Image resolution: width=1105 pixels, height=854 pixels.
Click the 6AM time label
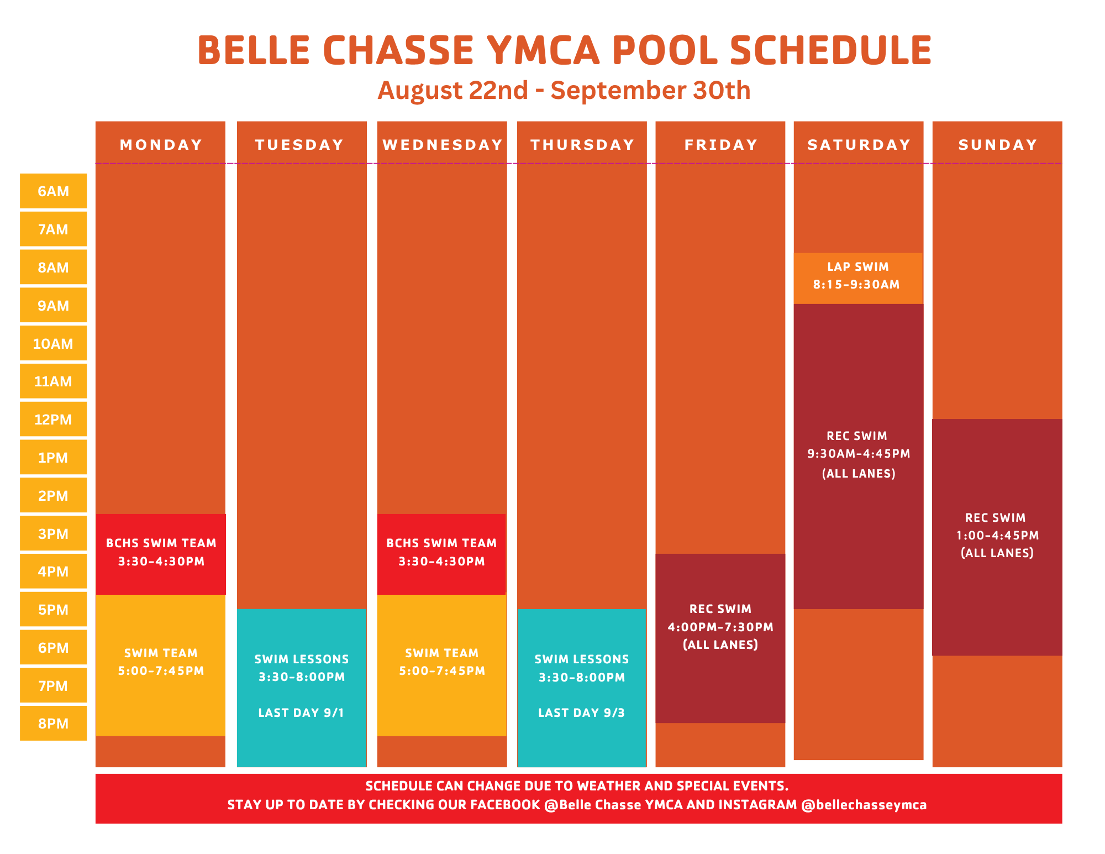[54, 191]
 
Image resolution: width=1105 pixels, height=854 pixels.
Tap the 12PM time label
[54, 420]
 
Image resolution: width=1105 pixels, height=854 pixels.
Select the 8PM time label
[54, 724]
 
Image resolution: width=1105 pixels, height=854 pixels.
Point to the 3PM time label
[54, 534]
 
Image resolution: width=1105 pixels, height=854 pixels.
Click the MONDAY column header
[161, 145]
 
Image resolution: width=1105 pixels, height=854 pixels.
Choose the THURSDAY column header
[582, 145]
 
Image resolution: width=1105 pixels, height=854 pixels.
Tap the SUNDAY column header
[998, 145]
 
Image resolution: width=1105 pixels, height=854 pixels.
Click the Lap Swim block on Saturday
[858, 278]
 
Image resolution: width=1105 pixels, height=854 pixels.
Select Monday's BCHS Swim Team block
[161, 554]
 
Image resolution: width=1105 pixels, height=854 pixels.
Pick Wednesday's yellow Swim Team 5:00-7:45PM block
[441, 666]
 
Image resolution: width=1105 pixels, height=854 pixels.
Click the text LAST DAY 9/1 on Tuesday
[301, 713]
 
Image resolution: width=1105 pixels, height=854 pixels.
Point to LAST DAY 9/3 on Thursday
[582, 713]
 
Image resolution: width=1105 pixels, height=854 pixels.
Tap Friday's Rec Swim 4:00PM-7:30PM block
[720, 638]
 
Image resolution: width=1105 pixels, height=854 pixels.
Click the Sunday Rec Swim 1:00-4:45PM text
[997, 535]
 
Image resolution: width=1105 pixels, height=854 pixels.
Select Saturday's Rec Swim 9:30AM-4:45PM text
[859, 454]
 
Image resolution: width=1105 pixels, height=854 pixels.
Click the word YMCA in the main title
[543, 51]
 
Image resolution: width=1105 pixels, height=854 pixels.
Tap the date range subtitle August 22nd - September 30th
[564, 90]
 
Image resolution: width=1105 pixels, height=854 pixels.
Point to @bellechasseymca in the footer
[864, 805]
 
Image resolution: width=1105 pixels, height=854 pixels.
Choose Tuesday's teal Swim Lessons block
[302, 688]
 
